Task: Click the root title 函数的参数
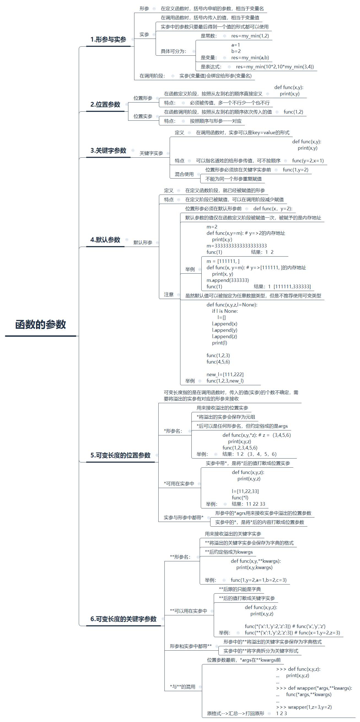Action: (40, 325)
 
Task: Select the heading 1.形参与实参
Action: (108, 39)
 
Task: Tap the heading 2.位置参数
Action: (105, 104)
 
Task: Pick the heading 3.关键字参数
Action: (108, 150)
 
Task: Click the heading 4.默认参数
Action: (105, 240)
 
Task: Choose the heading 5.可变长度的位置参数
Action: (120, 455)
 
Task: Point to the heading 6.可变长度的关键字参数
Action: (123, 619)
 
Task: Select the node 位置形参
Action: (143, 98)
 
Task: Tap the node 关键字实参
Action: (151, 153)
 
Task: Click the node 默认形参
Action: (143, 243)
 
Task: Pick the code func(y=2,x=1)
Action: (308, 161)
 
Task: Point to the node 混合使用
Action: (184, 174)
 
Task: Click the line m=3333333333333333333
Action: (237, 246)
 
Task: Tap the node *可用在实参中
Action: (179, 483)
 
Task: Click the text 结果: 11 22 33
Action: (248, 504)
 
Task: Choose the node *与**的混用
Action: (182, 687)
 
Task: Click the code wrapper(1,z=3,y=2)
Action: (310, 707)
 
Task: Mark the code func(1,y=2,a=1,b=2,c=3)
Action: (259, 580)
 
